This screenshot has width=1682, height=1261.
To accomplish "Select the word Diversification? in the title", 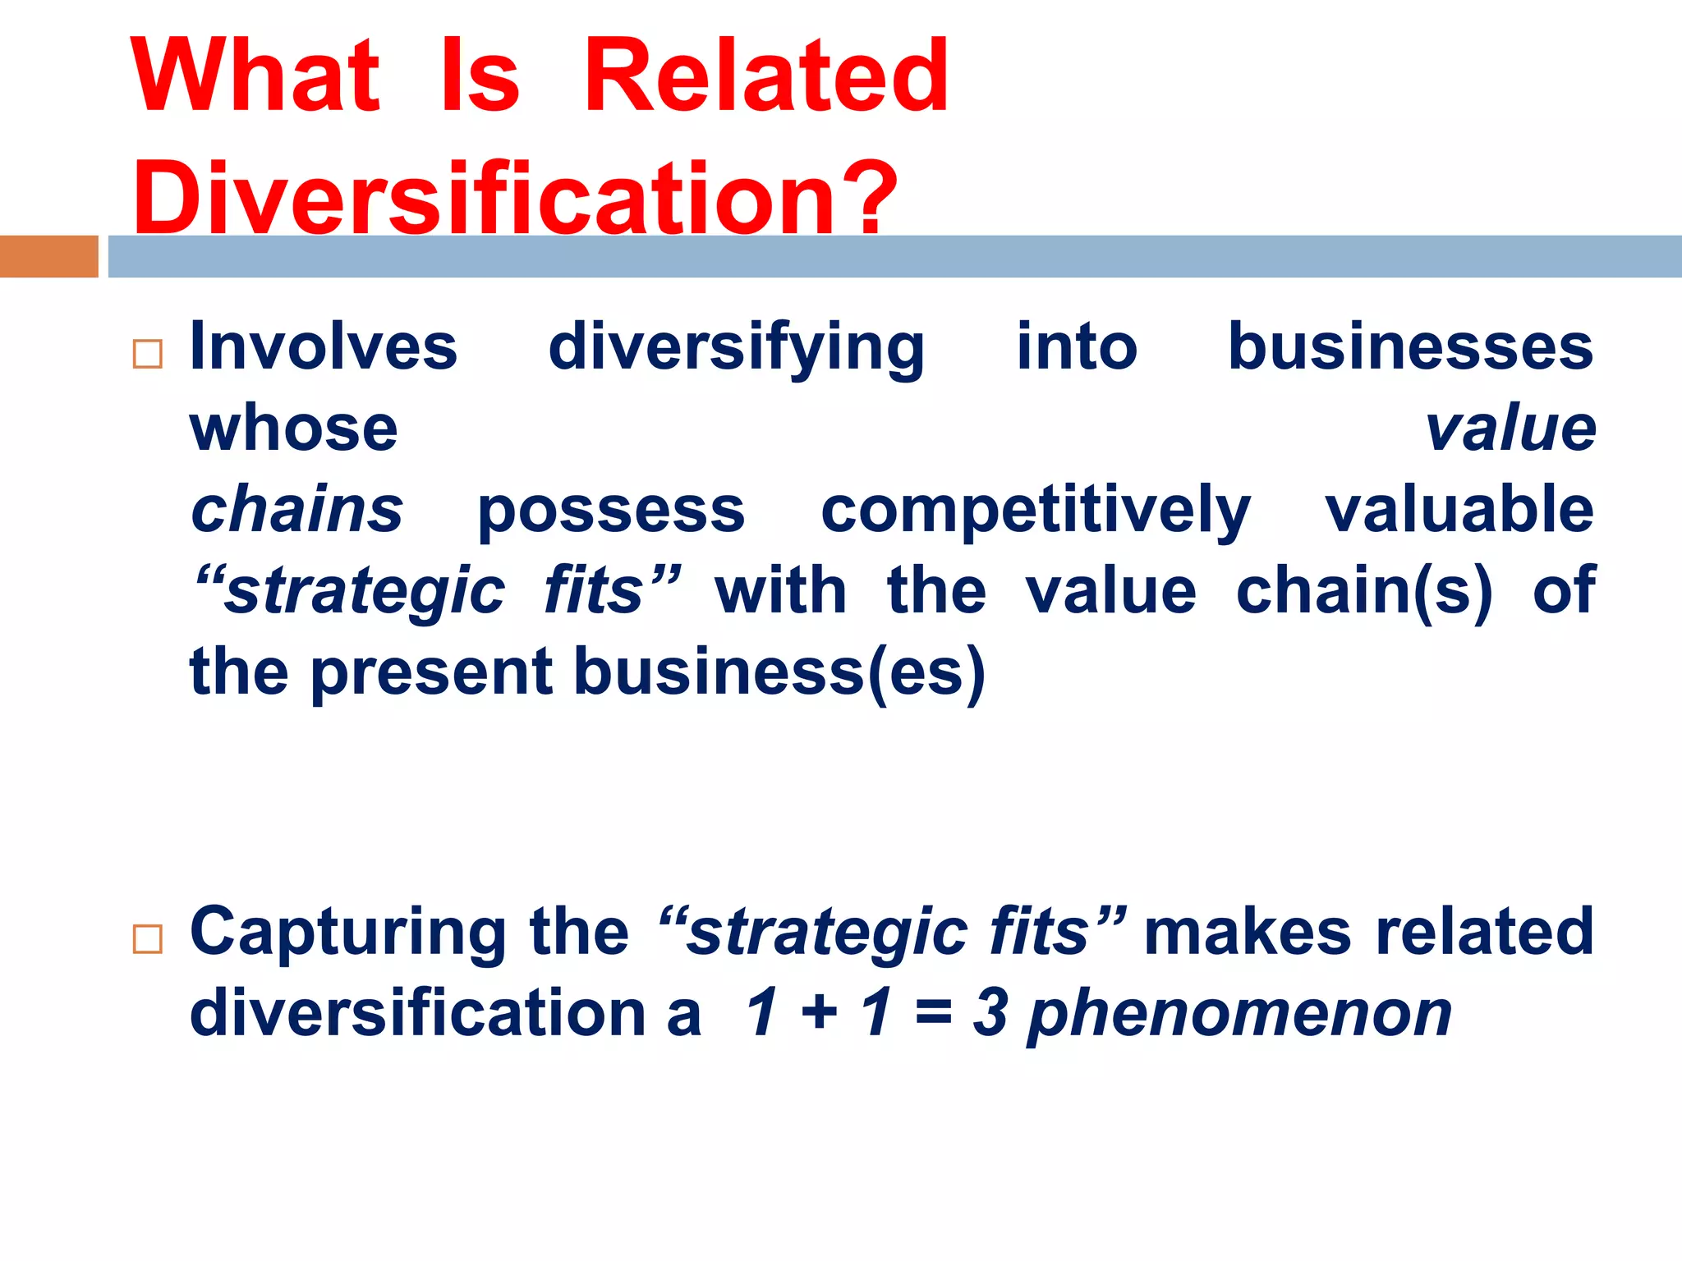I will coord(515,197).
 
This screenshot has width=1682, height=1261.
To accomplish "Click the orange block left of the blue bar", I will coord(48,256).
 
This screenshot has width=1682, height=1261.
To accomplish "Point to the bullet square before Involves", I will coord(148,354).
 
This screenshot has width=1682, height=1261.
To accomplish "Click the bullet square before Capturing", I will coord(148,938).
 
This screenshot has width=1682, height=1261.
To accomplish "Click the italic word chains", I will coord(296,509).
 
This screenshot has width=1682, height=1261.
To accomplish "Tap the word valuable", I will coord(1459,509).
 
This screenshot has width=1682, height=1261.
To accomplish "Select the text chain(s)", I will coord(1364,591).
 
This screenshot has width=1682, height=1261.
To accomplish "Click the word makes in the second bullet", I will coord(1247,931).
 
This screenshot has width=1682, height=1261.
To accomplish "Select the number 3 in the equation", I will coord(990,1012).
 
